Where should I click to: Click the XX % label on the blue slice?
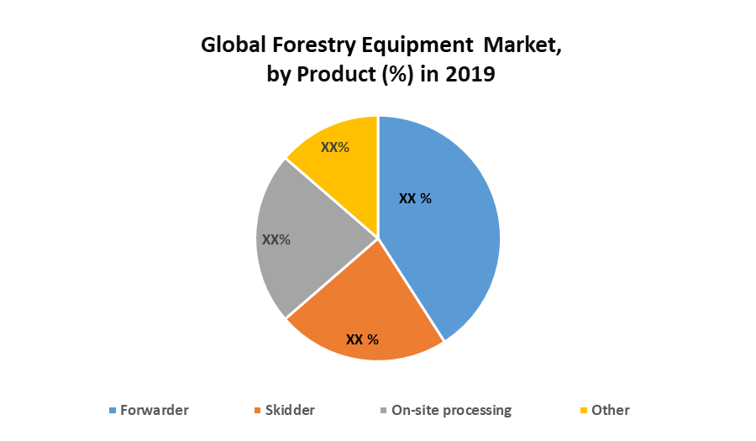(x=415, y=199)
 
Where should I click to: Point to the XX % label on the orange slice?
(x=363, y=340)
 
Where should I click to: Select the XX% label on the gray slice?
(x=276, y=239)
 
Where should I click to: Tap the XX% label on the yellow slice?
(x=335, y=147)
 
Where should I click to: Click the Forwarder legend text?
(x=155, y=410)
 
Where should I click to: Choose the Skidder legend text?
(x=290, y=410)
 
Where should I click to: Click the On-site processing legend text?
(x=451, y=410)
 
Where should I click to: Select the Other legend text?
(x=611, y=410)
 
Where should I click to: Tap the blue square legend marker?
(x=113, y=411)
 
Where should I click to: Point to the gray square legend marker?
(x=384, y=411)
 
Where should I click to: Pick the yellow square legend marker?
(x=585, y=411)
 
